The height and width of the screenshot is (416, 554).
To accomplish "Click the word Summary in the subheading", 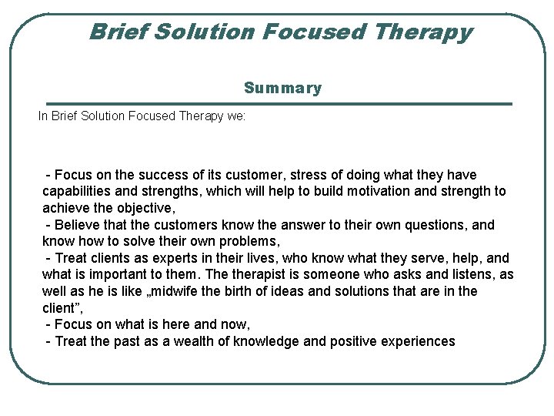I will tap(282, 88).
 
